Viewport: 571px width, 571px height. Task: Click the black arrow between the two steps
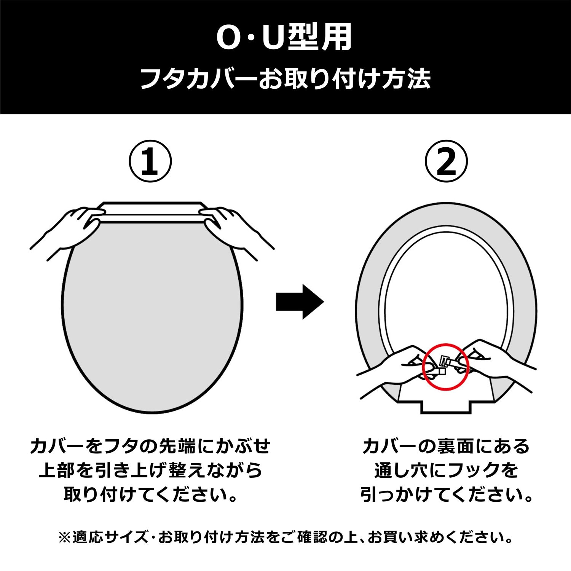coord(300,301)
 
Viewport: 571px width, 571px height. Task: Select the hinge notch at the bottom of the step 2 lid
coord(446,402)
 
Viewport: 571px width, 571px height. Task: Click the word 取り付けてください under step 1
coord(151,494)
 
